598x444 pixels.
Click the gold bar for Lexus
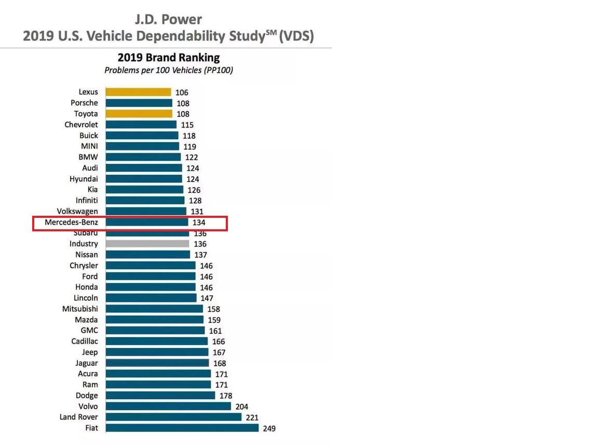138,92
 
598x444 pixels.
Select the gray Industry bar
147,244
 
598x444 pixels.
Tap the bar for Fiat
182,428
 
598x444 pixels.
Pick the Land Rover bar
173,417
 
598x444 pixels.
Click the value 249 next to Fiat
269,428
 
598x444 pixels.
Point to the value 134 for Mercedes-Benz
199,223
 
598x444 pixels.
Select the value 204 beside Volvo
242,407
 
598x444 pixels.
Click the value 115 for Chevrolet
187,125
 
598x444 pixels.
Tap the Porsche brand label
84,103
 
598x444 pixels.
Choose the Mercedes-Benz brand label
71,222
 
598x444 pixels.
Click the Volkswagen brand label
77,211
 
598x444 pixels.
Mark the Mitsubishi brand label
80,309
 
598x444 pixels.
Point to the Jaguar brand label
86,363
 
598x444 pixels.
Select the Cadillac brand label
85,341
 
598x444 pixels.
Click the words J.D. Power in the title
168,20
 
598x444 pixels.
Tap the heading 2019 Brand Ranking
168,57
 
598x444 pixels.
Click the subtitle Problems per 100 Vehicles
168,70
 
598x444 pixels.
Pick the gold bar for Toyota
139,114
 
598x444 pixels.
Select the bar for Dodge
160,396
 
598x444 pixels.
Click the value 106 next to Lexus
182,93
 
